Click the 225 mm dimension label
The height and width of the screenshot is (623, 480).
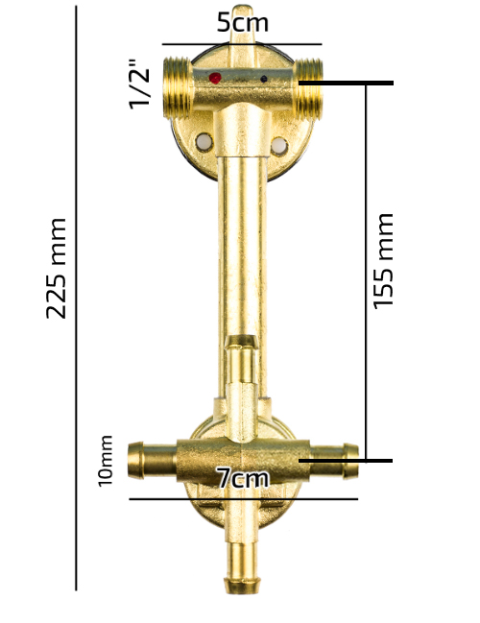[56, 268]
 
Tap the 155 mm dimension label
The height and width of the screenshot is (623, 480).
[383, 261]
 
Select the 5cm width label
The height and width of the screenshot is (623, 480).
[243, 23]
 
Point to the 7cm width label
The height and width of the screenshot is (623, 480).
[243, 478]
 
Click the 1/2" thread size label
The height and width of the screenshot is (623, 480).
[139, 84]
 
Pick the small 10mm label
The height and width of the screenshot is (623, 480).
[106, 461]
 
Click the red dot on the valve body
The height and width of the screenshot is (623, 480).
[215, 78]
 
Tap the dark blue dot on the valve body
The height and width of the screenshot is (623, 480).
[263, 79]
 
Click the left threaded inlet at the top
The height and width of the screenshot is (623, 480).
[178, 87]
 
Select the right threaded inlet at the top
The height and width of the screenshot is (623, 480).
[308, 88]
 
